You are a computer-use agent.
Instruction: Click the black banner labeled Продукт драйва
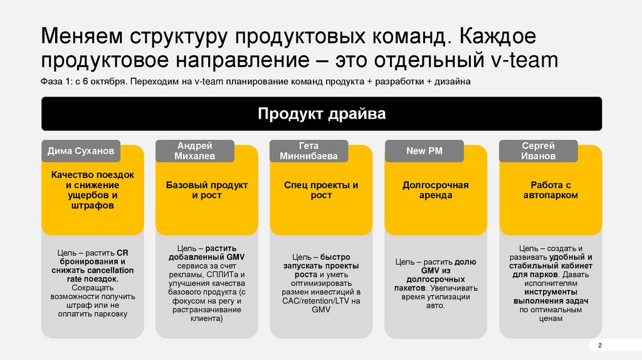(322, 114)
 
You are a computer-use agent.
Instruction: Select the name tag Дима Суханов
(82, 151)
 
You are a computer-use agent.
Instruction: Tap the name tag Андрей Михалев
(195, 151)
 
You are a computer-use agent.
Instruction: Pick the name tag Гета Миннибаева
(309, 151)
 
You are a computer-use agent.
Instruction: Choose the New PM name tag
(424, 151)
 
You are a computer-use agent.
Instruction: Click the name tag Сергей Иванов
(538, 151)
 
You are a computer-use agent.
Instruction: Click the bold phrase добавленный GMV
(207, 257)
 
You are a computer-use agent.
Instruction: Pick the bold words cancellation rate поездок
(93, 274)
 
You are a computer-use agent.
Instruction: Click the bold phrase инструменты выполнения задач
(551, 297)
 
